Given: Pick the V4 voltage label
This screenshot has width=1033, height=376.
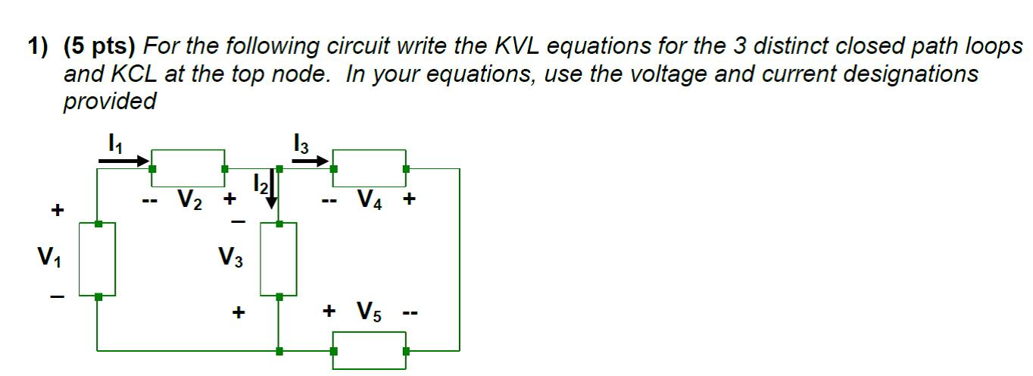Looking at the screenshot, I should pyautogui.click(x=372, y=200).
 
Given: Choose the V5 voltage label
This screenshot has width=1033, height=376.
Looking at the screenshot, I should pyautogui.click(x=372, y=312).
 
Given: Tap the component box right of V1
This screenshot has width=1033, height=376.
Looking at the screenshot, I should pyautogui.click(x=98, y=259).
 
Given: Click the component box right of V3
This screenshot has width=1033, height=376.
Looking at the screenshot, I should pyautogui.click(x=279, y=259).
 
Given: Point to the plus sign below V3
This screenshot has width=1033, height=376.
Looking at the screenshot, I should pyautogui.click(x=239, y=312).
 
